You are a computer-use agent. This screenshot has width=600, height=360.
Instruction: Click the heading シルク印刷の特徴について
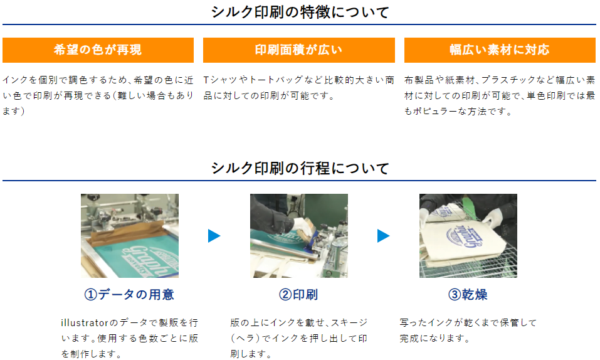tap(300, 12)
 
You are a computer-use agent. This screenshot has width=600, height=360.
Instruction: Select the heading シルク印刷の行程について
tap(300, 168)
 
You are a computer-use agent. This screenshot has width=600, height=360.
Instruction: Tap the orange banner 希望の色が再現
tap(98, 50)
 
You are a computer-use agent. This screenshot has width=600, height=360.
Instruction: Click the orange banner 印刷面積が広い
tap(299, 50)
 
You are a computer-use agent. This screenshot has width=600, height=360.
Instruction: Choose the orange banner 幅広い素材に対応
tap(500, 50)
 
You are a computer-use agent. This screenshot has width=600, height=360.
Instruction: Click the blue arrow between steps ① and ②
tap(214, 236)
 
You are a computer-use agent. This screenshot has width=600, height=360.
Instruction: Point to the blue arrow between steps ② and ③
tap(383, 236)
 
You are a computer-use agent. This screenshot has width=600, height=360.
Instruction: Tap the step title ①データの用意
tap(129, 295)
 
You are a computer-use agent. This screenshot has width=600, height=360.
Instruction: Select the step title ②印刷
tap(298, 295)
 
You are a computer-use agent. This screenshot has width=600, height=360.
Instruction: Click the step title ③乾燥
tap(468, 295)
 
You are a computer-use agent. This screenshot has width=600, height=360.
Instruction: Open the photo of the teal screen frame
tap(130, 236)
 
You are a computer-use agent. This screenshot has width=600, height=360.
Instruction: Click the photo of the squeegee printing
tap(299, 236)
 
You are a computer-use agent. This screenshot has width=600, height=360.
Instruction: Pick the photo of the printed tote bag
tap(468, 236)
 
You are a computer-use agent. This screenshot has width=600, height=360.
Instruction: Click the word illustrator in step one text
tap(85, 323)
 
